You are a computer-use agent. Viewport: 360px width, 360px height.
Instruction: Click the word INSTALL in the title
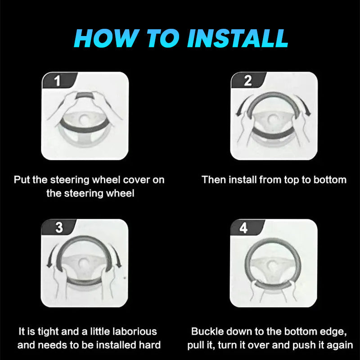(238, 38)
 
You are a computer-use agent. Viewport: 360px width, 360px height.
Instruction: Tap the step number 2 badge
(248, 80)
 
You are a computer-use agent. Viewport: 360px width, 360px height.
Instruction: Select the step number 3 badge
(58, 227)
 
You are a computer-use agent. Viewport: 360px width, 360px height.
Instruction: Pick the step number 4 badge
(247, 227)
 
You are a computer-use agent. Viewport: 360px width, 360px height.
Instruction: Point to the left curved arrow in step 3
(52, 256)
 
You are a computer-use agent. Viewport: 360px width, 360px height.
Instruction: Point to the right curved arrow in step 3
(116, 256)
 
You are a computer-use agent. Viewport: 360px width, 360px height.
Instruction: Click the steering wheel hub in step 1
(84, 118)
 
